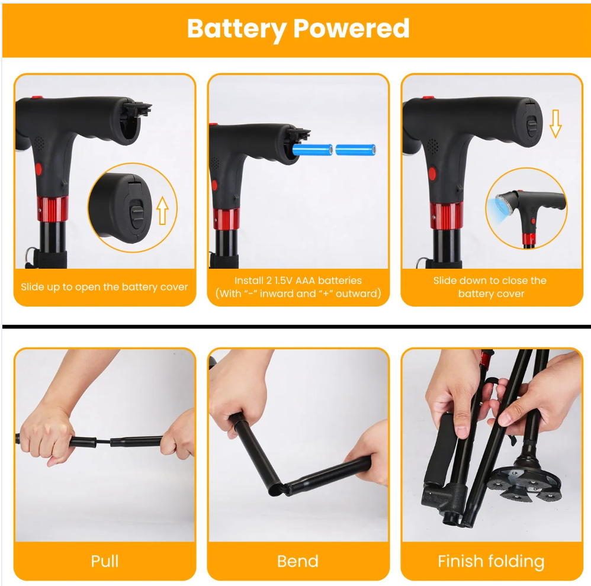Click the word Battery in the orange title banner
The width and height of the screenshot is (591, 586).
pyautogui.click(x=237, y=29)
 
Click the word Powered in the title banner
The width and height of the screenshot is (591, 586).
pyautogui.click(x=351, y=28)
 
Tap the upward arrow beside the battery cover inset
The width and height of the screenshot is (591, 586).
pyautogui.click(x=162, y=210)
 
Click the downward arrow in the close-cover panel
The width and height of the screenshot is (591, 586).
pyautogui.click(x=555, y=124)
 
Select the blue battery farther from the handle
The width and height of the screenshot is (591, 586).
pyautogui.click(x=355, y=150)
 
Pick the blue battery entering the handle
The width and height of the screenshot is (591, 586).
pyautogui.click(x=313, y=150)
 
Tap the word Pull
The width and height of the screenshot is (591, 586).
pyautogui.click(x=105, y=561)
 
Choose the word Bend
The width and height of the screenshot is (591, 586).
pyautogui.click(x=298, y=561)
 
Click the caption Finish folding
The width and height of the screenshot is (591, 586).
pyautogui.click(x=491, y=562)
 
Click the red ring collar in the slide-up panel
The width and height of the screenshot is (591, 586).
pyautogui.click(x=52, y=209)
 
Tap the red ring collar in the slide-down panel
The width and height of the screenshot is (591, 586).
pyautogui.click(x=446, y=215)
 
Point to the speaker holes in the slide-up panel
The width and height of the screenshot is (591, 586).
pyautogui.click(x=38, y=143)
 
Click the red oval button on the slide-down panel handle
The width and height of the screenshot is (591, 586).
pyautogui.click(x=432, y=173)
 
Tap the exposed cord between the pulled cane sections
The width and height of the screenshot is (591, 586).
pyautogui.click(x=103, y=440)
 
